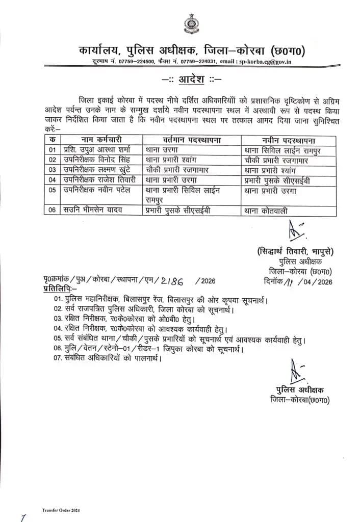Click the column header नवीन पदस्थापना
click(x=289, y=140)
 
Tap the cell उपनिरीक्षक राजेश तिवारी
click(x=95, y=179)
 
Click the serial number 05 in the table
click(x=51, y=190)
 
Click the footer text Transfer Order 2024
click(x=61, y=510)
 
